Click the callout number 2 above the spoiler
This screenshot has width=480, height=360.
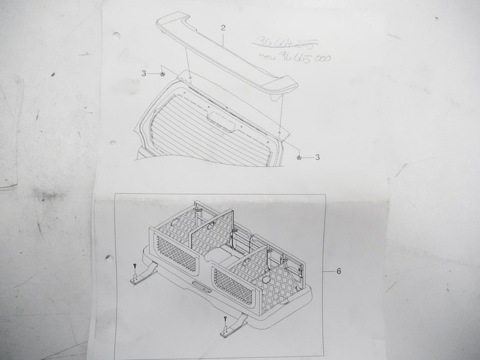[223, 28]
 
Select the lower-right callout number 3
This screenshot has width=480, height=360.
[317, 157]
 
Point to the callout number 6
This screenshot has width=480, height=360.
[339, 271]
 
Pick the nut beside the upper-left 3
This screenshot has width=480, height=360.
[162, 74]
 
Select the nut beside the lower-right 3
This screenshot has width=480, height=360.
[300, 157]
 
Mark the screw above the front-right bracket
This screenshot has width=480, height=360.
[227, 321]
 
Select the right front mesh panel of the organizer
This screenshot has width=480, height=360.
[233, 287]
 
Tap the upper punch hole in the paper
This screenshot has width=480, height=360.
[117, 35]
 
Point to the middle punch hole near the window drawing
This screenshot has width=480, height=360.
[113, 143]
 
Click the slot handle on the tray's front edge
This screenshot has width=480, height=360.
[199, 288]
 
